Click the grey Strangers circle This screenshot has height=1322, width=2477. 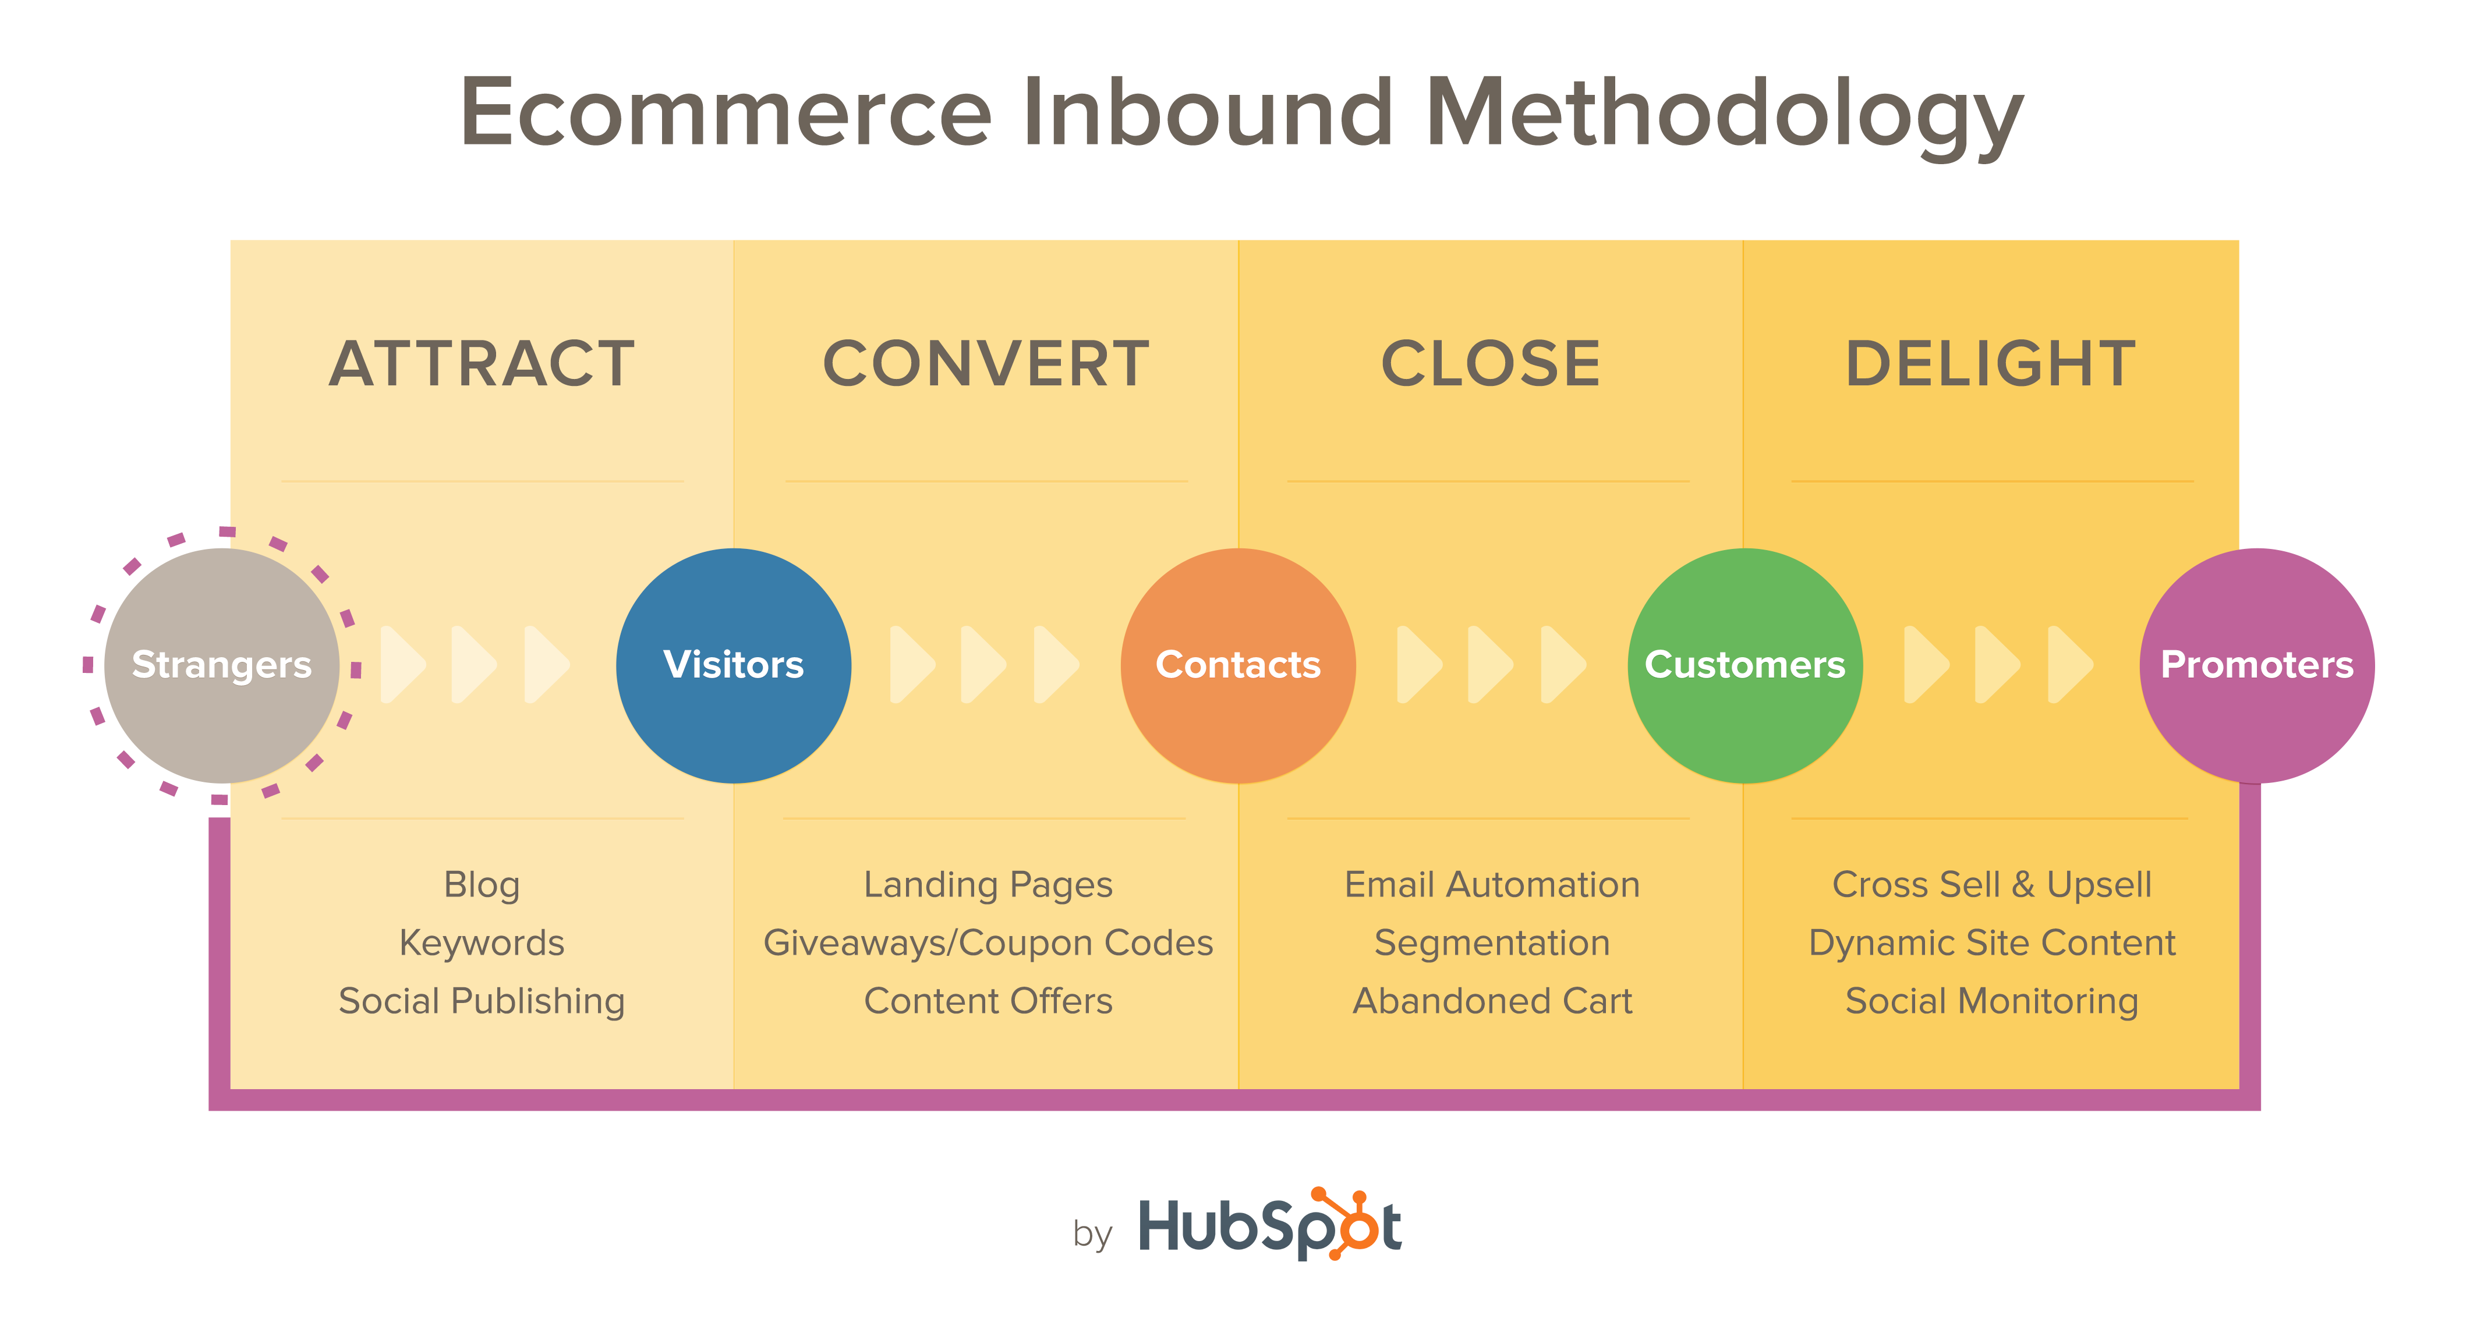click(x=221, y=665)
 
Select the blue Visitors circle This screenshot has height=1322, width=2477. click(x=734, y=665)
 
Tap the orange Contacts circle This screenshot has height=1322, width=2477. click(x=1238, y=665)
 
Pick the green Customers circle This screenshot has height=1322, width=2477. click(x=1745, y=665)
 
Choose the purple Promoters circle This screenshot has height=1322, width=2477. click(x=2257, y=665)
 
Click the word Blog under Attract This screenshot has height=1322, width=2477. click(x=482, y=885)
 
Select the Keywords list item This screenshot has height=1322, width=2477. click(x=482, y=943)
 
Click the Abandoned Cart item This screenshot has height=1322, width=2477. click(x=1492, y=1001)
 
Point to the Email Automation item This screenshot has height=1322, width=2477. click(x=1492, y=885)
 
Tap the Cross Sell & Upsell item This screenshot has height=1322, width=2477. click(x=1991, y=885)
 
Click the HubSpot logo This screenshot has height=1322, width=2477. click(x=1269, y=1225)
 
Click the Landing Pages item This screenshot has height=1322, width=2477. click(x=989, y=885)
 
